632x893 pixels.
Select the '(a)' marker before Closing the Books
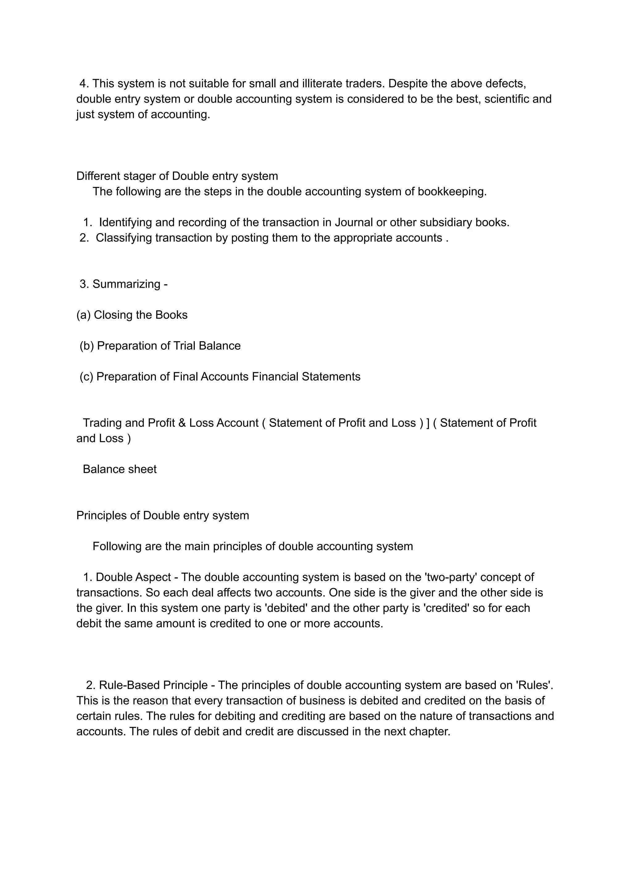83,315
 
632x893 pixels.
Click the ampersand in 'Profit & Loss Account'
182,423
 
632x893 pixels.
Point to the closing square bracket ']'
428,423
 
